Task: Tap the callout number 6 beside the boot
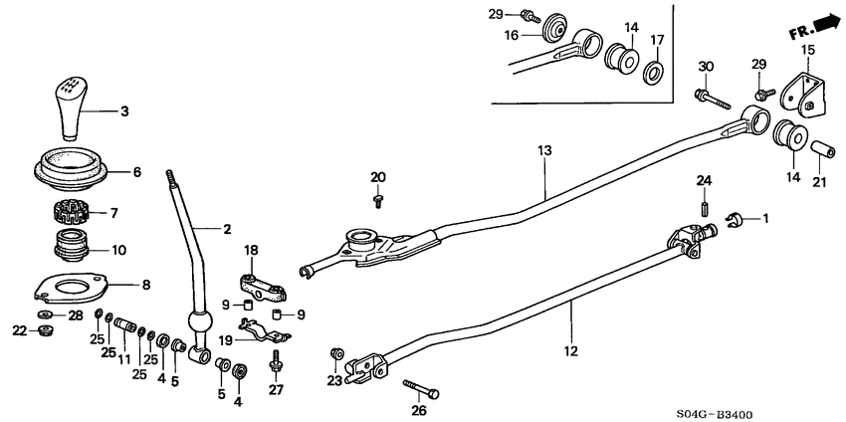[137, 171]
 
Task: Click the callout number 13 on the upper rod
[544, 150]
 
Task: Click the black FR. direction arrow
[822, 22]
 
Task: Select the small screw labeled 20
[378, 199]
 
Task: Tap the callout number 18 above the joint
[252, 250]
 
